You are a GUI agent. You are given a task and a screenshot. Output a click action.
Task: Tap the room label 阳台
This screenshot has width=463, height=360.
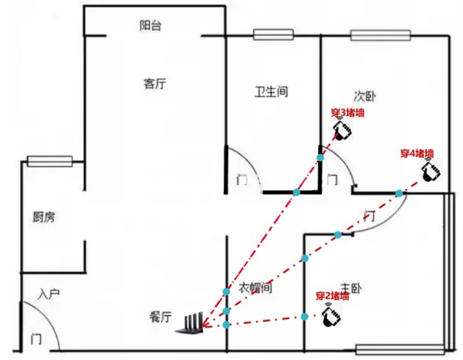coord(151,25)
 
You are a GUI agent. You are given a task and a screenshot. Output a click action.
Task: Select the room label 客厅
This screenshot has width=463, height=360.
coord(154,84)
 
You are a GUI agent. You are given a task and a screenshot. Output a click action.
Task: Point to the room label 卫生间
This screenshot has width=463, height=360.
coord(271,93)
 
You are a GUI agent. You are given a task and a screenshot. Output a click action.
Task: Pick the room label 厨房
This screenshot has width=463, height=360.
coord(44,217)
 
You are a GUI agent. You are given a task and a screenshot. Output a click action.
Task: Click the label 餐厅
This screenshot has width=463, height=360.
coord(161,316)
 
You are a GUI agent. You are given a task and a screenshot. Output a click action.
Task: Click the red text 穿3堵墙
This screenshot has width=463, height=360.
coord(347,113)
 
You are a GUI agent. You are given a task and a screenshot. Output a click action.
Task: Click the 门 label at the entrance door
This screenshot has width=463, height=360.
coord(35,339)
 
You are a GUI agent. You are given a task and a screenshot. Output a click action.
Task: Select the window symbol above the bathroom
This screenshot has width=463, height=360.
coord(274,35)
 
